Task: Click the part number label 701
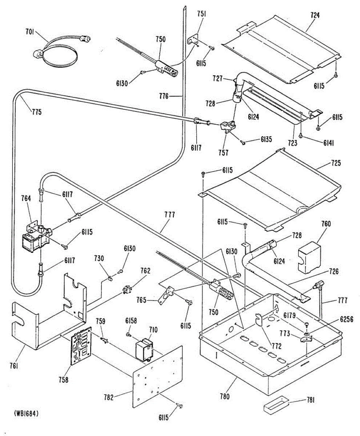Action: click(x=29, y=32)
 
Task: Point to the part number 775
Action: click(x=36, y=112)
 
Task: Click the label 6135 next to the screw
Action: click(x=267, y=139)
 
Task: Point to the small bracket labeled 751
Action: click(x=193, y=40)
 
